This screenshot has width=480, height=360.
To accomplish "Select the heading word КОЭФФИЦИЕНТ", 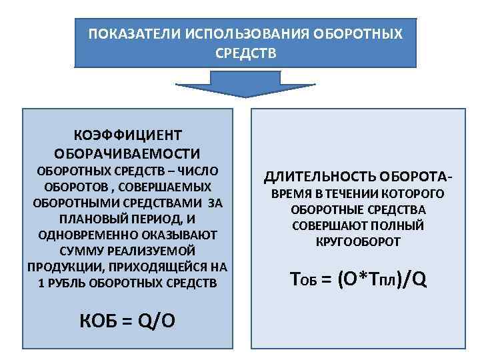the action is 127,135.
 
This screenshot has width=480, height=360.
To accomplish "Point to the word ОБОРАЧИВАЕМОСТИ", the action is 127,153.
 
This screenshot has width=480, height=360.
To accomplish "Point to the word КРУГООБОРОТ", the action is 358,242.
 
